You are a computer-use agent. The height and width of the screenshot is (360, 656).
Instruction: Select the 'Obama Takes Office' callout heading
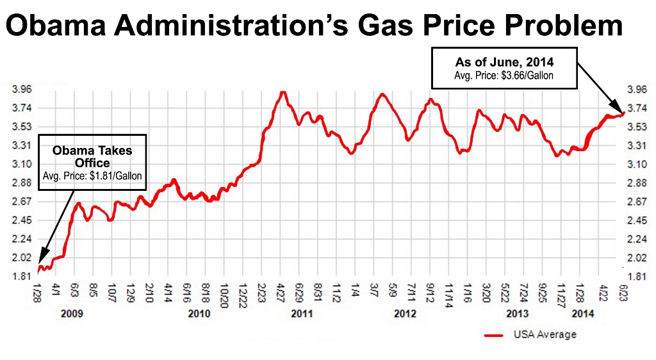[92, 156]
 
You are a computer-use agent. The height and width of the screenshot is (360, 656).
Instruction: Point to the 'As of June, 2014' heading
[504, 62]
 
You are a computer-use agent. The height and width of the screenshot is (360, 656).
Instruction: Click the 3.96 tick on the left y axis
[22, 89]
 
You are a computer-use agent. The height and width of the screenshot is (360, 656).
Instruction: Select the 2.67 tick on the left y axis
[22, 202]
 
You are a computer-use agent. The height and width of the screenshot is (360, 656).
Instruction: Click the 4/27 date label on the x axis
[280, 293]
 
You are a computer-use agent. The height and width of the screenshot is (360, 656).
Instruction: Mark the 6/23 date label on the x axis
[623, 293]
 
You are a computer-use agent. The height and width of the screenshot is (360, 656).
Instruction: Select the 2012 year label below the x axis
[405, 314]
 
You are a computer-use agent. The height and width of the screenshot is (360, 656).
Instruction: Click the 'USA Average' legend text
[545, 334]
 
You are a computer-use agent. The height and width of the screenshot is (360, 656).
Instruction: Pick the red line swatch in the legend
[494, 334]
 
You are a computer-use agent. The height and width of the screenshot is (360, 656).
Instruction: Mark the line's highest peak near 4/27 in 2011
[283, 92]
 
